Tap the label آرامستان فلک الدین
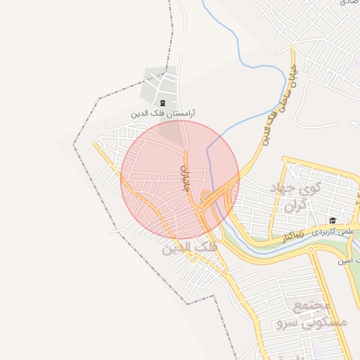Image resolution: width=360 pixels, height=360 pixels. pos(163,113)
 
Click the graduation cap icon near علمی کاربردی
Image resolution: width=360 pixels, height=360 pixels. pos(332,220)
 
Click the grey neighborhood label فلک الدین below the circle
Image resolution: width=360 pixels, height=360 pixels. pos(189,248)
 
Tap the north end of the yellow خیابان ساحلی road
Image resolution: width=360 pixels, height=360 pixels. pos(293,49)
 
